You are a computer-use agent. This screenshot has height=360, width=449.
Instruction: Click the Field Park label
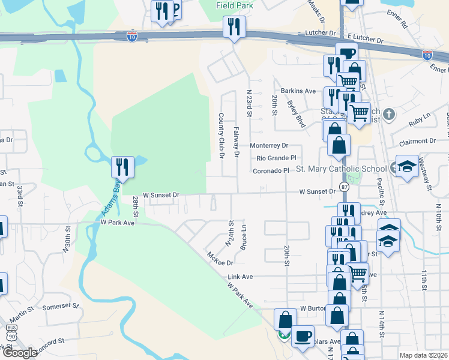pos(234,5)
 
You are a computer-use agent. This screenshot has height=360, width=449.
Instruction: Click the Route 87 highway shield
pos(344,188)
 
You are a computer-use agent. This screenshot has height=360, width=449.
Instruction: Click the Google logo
pos(19,353)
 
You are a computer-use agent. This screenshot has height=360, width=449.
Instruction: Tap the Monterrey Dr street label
pos(269,146)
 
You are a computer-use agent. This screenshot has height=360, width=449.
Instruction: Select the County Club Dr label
pos(221,135)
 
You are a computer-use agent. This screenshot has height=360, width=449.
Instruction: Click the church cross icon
pos(388,114)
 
